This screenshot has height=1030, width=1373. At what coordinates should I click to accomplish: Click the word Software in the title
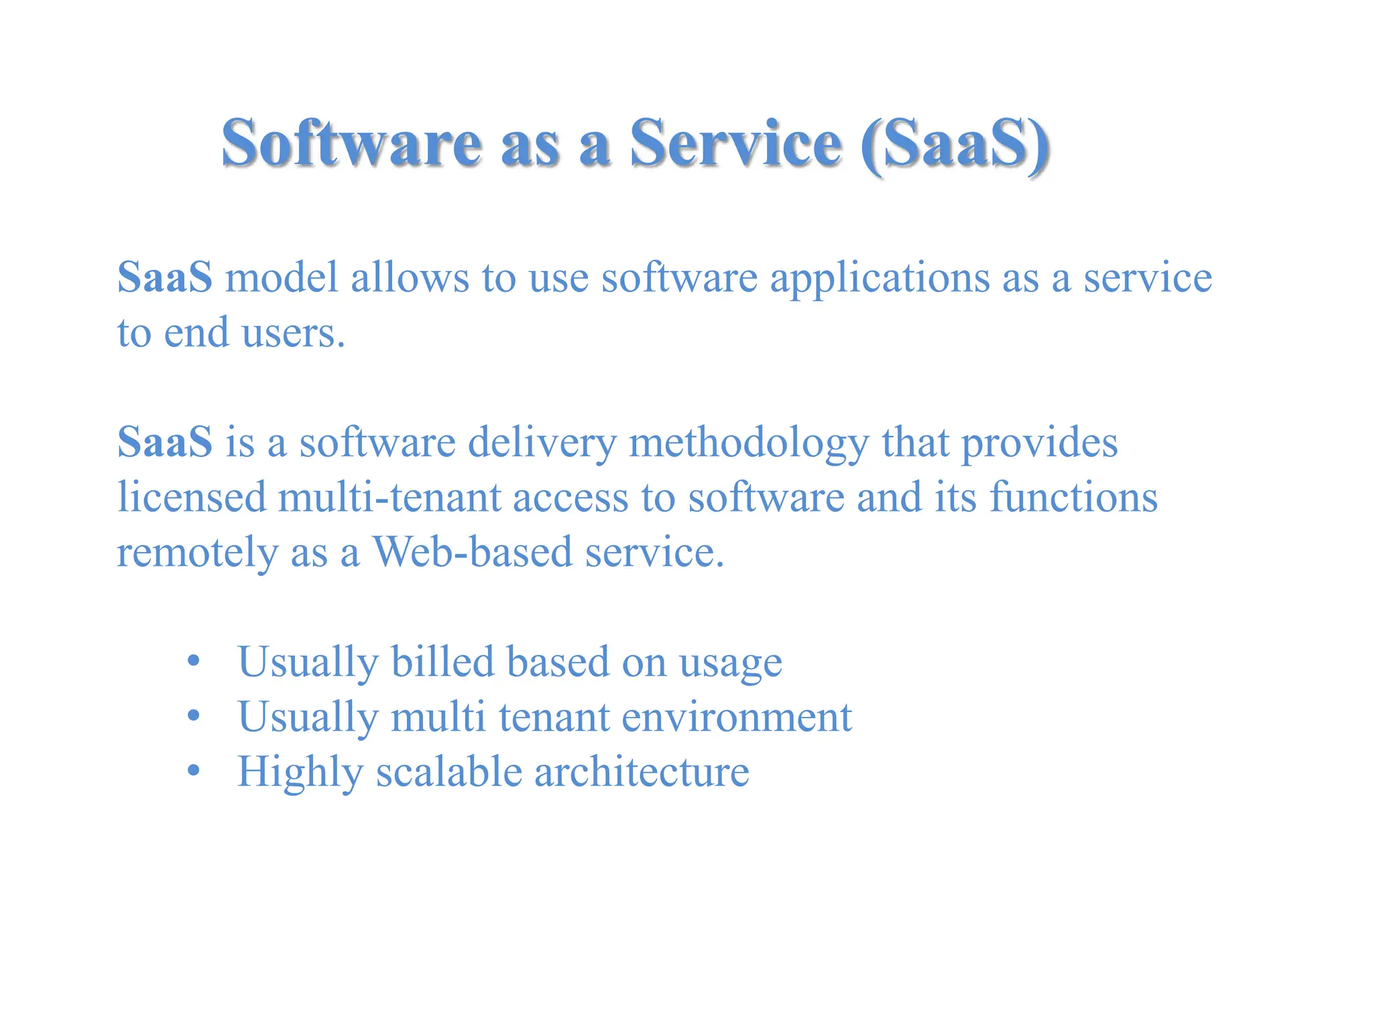pos(351,143)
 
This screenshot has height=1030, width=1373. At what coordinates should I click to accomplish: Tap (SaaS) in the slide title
pos(955,145)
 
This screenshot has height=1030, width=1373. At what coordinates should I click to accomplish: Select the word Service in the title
pos(735,143)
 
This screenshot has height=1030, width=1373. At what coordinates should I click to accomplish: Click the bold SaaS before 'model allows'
pos(165,277)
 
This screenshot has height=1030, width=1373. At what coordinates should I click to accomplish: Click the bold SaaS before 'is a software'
pos(165,443)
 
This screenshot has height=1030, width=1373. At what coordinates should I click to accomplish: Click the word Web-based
pos(472,553)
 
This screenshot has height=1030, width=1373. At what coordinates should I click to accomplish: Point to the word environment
pos(736,718)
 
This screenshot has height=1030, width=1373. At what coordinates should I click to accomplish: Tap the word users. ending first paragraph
pos(293,333)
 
